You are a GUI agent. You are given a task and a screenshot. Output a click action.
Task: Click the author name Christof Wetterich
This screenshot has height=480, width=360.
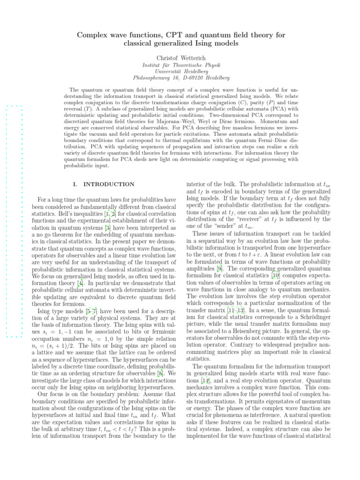(x=180, y=58)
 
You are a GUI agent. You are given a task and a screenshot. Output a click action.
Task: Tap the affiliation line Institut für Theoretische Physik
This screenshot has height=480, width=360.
(x=180, y=65)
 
